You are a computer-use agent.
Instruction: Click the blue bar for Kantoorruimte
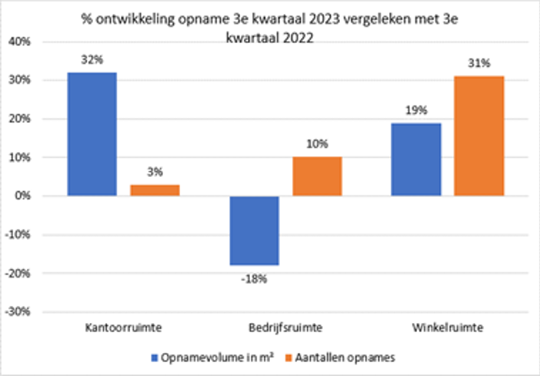point(92,134)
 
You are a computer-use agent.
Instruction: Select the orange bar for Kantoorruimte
point(155,190)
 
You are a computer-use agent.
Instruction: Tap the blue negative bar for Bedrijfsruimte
point(254,231)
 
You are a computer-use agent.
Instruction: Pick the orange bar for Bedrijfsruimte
point(317,176)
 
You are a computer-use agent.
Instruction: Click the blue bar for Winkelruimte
point(416,159)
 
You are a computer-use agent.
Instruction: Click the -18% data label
point(254,278)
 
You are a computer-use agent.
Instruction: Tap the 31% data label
point(479,63)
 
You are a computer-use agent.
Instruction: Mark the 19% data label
point(416,110)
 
